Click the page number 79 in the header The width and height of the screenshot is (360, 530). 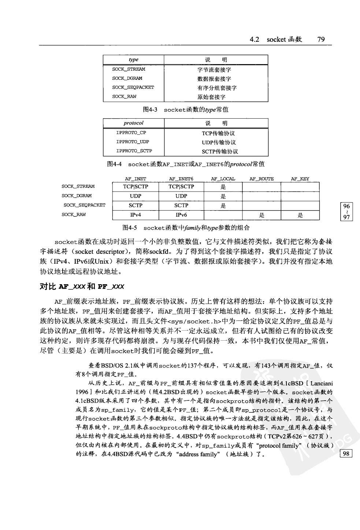(x=321, y=40)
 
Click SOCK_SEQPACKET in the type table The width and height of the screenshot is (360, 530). (x=133, y=87)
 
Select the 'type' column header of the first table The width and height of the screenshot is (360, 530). (x=133, y=60)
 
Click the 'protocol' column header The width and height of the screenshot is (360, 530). (x=133, y=123)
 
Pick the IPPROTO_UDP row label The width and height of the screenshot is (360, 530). (x=133, y=142)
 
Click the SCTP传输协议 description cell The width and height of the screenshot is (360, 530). (x=220, y=152)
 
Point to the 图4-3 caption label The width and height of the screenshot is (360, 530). (x=150, y=110)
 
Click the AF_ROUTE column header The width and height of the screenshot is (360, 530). (x=261, y=179)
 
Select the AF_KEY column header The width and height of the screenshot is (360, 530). (x=300, y=179)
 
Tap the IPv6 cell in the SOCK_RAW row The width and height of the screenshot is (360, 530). (x=181, y=215)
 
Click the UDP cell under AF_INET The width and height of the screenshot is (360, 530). (x=136, y=196)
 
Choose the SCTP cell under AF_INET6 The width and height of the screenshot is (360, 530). (x=181, y=205)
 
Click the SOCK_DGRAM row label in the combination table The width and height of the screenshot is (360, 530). (x=77, y=196)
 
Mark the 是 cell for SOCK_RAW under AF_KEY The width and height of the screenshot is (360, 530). (x=300, y=215)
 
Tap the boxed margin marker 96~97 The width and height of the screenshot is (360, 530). (x=346, y=212)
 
